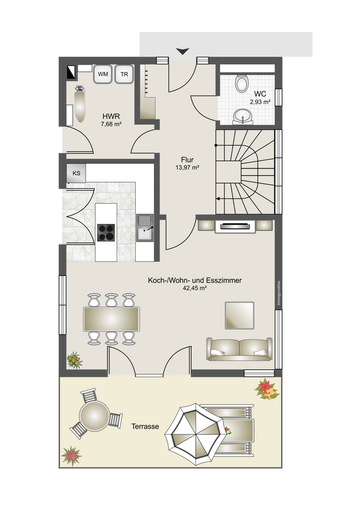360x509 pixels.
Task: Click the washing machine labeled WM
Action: tap(103, 74)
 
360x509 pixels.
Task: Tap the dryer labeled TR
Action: tap(124, 74)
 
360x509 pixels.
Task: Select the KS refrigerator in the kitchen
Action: tap(76, 173)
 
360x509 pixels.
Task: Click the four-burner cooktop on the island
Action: tap(106, 232)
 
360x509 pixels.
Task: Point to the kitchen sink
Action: tap(145, 228)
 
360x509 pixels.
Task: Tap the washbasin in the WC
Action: tap(243, 117)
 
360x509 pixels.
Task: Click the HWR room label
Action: tap(111, 117)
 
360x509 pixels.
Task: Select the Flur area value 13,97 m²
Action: tap(187, 168)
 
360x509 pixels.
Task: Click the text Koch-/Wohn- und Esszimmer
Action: tap(195, 280)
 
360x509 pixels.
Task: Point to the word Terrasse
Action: tap(145, 427)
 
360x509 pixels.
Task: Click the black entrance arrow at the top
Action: tap(183, 51)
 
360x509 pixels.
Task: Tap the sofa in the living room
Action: tap(239, 349)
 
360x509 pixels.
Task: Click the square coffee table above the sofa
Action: tap(239, 315)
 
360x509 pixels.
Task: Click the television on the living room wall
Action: tap(235, 226)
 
